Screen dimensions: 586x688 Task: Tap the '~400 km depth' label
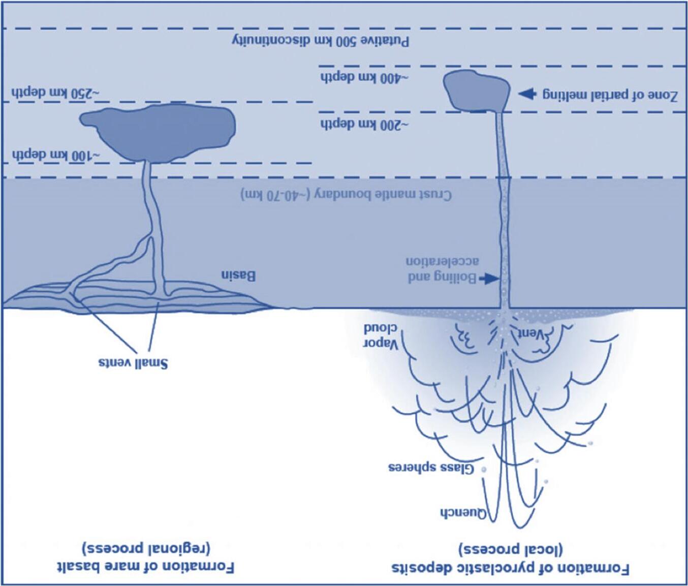pos(364,78)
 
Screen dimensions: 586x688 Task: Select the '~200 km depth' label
pos(364,124)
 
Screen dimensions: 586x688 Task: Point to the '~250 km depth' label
pos(55,94)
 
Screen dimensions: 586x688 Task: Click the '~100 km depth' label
pos(55,155)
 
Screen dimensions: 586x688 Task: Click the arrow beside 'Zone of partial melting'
pos(527,94)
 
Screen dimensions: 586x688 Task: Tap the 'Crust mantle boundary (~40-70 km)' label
pos(346,195)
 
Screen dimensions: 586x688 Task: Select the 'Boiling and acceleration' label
pos(442,269)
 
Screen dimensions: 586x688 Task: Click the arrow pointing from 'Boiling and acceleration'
pos(490,278)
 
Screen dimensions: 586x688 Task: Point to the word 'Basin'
pos(238,276)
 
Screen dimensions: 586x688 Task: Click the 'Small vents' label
pos(133,363)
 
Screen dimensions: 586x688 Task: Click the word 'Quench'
pos(462,512)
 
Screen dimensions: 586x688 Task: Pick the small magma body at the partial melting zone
pos(476,90)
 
